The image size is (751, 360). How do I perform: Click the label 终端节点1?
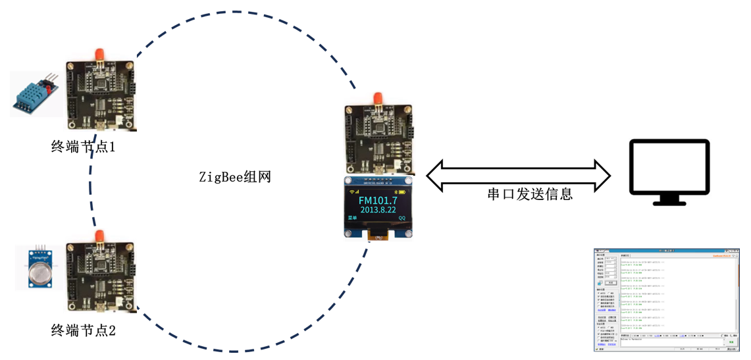pyautogui.click(x=84, y=147)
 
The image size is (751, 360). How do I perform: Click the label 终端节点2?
pyautogui.click(x=84, y=330)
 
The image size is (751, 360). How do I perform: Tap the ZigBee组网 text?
pyautogui.click(x=235, y=177)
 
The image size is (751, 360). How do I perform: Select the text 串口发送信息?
pyautogui.click(x=530, y=193)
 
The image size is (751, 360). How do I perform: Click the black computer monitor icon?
pyautogui.click(x=669, y=168)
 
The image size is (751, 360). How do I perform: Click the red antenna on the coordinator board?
pyautogui.click(x=378, y=99)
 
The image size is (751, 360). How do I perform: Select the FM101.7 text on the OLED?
pyautogui.click(x=378, y=199)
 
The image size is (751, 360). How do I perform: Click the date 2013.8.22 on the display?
pyautogui.click(x=378, y=210)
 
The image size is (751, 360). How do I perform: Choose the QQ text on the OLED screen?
pyautogui.click(x=402, y=218)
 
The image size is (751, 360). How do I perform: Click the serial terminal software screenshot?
pyautogui.click(x=665, y=300)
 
